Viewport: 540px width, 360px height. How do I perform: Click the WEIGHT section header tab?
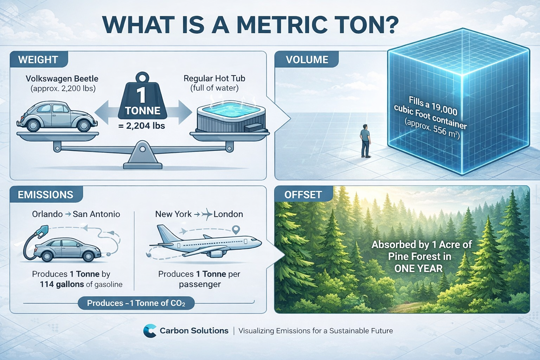(38, 59)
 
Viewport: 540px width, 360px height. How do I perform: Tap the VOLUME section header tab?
(307, 59)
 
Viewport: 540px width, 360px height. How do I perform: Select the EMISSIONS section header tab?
(46, 194)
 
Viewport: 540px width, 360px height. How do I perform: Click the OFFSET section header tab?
(303, 194)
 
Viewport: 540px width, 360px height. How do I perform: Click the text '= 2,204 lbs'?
(142, 126)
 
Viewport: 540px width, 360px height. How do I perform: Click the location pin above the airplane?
(236, 230)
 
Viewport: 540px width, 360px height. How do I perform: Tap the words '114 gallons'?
(62, 284)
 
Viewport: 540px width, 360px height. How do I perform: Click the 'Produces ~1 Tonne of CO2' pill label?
(136, 303)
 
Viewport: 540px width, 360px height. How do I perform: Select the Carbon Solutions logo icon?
(150, 331)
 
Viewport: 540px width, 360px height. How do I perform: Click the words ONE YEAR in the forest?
(418, 269)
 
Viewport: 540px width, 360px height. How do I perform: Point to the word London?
(228, 214)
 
